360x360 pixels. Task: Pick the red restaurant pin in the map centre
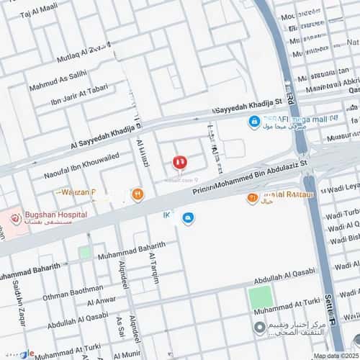pyautogui.click(x=179, y=162)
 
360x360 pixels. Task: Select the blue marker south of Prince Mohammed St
pyautogui.click(x=188, y=218)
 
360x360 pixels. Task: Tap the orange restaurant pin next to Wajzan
pyautogui.click(x=138, y=194)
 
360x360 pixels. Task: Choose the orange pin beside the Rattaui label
pyautogui.click(x=252, y=198)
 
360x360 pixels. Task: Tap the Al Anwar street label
pyautogui.click(x=101, y=300)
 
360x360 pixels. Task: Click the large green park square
pyautogui.click(x=260, y=297)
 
